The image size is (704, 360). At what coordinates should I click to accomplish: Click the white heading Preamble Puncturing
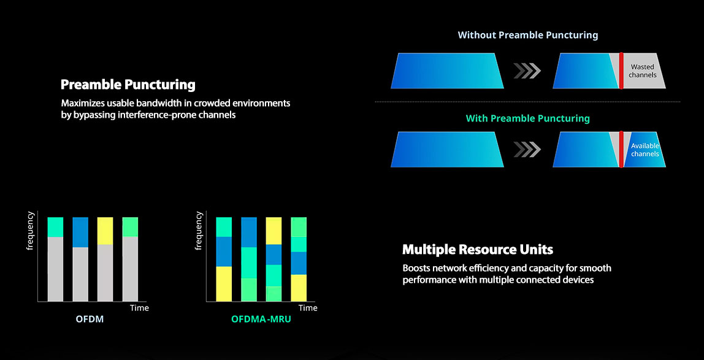tap(128, 85)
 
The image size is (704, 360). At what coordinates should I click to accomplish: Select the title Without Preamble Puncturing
tap(527, 34)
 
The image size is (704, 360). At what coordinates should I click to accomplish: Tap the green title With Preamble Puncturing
tap(527, 118)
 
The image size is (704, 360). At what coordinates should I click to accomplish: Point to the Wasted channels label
tap(643, 71)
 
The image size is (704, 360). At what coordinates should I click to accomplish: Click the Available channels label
tap(645, 150)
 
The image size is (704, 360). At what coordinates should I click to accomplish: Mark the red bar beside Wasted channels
tap(621, 71)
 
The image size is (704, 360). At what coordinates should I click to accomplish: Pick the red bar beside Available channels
tap(621, 150)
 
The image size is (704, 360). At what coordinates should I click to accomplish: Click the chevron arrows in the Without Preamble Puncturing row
tap(527, 71)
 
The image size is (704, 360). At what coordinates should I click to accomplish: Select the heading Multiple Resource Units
tap(478, 250)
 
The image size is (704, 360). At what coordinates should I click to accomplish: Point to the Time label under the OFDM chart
tap(139, 308)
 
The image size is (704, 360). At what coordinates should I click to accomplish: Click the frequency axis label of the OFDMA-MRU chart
tap(199, 230)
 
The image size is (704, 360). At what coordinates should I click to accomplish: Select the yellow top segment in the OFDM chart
tap(105, 231)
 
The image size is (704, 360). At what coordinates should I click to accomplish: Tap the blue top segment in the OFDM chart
tap(80, 232)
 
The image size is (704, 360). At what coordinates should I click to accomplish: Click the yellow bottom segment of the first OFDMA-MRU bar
tap(224, 284)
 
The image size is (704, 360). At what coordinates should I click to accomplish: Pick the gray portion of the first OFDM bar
tap(55, 269)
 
